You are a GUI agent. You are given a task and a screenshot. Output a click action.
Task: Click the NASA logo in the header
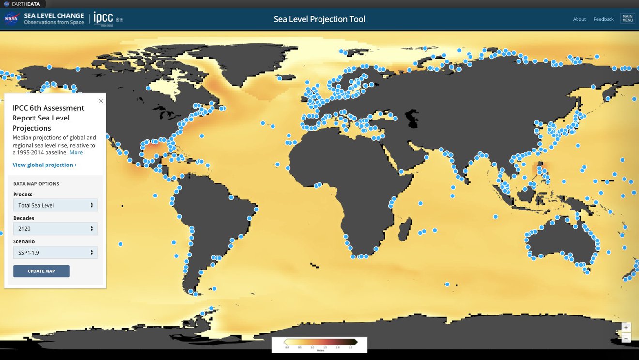click(12, 19)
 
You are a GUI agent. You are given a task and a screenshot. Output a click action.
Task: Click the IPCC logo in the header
click(103, 18)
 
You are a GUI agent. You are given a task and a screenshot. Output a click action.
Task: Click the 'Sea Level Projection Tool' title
click(319, 19)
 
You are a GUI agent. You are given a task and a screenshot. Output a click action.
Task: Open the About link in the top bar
click(579, 19)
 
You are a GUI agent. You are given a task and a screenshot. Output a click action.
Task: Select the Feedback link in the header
click(604, 19)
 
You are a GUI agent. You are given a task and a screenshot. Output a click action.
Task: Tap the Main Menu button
click(627, 19)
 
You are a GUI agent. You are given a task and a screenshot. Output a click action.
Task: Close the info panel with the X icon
click(101, 101)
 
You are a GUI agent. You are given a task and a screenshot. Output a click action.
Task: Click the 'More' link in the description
click(76, 152)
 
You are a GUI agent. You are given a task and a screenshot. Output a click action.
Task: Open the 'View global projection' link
click(45, 165)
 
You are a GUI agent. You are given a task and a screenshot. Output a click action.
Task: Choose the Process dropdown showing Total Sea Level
click(55, 205)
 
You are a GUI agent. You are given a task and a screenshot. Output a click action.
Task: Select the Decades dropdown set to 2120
click(55, 229)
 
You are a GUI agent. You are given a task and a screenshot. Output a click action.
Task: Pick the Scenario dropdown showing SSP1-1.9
click(55, 252)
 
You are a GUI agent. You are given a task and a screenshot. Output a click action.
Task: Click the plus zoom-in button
click(626, 328)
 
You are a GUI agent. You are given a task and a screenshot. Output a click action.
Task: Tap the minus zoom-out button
click(626, 338)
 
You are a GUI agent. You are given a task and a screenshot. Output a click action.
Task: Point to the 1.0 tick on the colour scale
click(312, 347)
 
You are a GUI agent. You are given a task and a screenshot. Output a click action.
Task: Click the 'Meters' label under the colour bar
click(319, 350)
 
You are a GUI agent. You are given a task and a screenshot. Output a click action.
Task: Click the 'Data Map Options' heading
click(36, 184)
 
